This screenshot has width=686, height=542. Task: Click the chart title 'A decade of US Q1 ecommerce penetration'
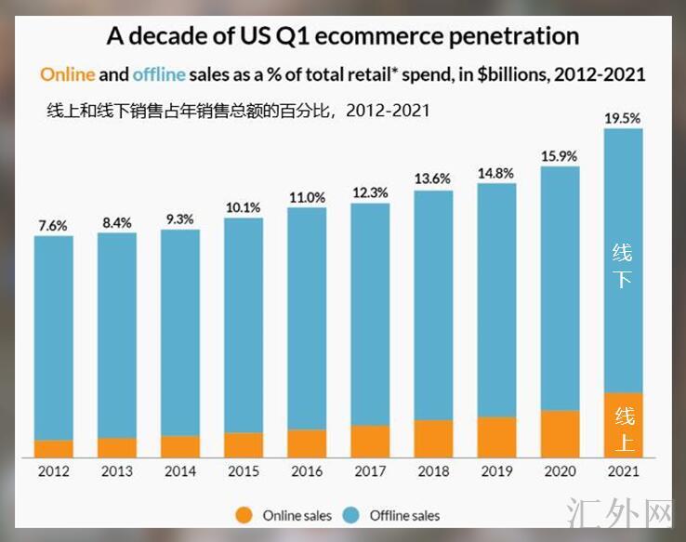[343, 36]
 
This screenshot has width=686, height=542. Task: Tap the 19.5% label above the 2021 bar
[622, 118]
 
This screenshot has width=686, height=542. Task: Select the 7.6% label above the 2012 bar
[53, 226]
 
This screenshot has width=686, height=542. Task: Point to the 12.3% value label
[370, 192]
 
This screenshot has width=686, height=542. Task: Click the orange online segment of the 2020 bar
[560, 433]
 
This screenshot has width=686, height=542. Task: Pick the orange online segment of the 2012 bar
[53, 448]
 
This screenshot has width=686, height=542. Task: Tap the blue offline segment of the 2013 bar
[117, 335]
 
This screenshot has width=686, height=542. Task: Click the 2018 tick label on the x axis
[433, 471]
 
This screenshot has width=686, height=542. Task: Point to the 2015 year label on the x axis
[244, 471]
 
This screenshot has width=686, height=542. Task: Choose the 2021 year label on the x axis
[623, 471]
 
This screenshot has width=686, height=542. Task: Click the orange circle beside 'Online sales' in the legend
[244, 514]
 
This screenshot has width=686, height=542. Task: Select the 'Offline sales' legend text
[404, 515]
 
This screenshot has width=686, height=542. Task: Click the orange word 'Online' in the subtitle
[67, 73]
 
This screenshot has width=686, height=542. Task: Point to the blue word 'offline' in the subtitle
[159, 73]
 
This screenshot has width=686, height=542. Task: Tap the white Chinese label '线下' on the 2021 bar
[623, 265]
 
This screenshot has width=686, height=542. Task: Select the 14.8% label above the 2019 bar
[496, 172]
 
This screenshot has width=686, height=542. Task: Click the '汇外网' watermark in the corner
[619, 512]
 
